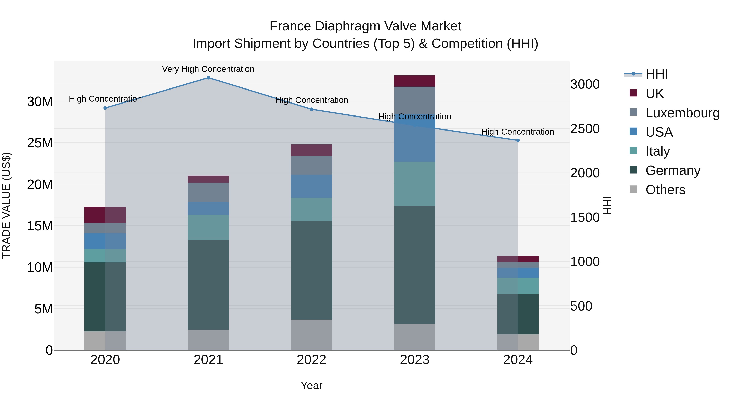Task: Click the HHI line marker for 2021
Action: (208, 78)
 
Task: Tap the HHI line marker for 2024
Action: (518, 140)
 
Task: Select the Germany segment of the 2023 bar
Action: (415, 265)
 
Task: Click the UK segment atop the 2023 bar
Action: (415, 81)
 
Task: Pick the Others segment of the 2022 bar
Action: (311, 335)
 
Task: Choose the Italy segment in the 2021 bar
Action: (208, 228)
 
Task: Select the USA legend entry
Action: (659, 132)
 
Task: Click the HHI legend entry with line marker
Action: (656, 74)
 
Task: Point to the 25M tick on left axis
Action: (40, 143)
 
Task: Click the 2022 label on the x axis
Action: (311, 360)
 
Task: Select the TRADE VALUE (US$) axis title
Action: (6, 205)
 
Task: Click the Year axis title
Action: (311, 385)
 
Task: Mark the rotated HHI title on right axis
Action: (607, 205)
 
